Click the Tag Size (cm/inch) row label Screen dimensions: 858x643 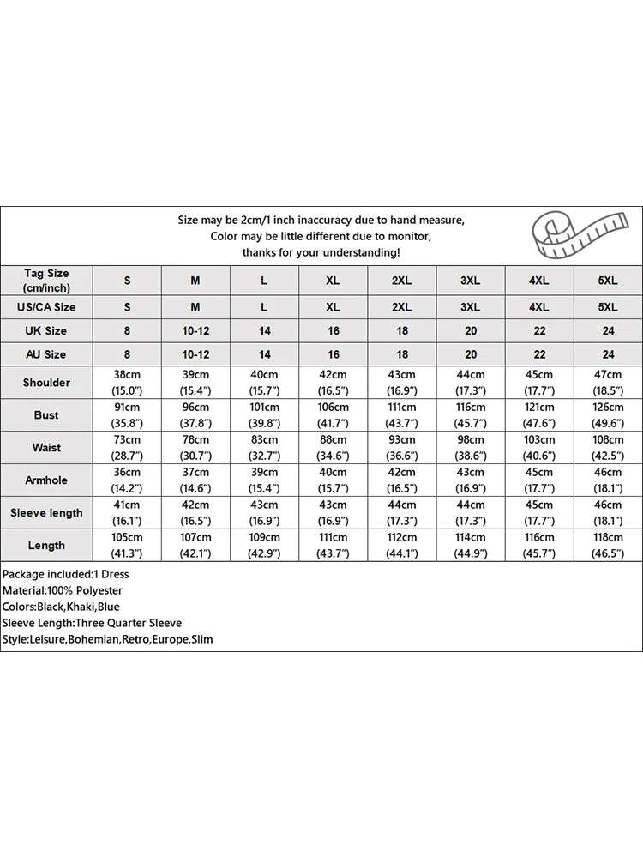point(47,281)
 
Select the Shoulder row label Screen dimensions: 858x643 point(47,383)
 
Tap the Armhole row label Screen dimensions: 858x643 point(47,480)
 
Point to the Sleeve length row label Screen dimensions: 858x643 point(47,513)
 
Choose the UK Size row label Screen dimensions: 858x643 point(47,330)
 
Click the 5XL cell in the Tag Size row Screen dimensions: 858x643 point(608,281)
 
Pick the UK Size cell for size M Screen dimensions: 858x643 point(195,330)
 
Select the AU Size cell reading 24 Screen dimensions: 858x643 point(608,354)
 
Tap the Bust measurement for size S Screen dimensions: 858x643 point(128,415)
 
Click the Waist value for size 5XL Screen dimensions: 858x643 point(608,448)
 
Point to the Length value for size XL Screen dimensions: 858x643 point(334,546)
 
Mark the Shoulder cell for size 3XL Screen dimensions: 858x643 point(471,383)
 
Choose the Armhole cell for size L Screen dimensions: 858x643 point(264,480)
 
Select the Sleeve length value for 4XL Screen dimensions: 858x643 point(539,513)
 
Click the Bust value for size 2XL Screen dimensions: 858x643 point(402,415)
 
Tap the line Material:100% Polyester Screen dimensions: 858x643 point(62,590)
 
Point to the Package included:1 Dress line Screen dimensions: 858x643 point(65,574)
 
